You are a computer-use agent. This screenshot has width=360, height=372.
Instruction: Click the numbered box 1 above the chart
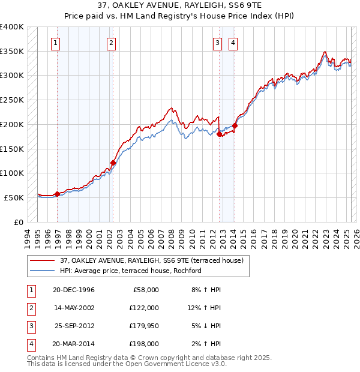click(55, 43)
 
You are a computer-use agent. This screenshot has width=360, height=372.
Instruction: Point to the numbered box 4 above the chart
click(232, 43)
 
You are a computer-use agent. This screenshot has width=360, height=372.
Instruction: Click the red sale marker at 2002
click(113, 163)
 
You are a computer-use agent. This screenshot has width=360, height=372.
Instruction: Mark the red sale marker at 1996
click(57, 194)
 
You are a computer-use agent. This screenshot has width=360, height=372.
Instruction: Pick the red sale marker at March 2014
click(235, 126)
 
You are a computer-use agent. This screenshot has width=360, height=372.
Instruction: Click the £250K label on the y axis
click(11, 100)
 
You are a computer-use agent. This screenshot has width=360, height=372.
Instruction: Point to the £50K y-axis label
click(14, 197)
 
